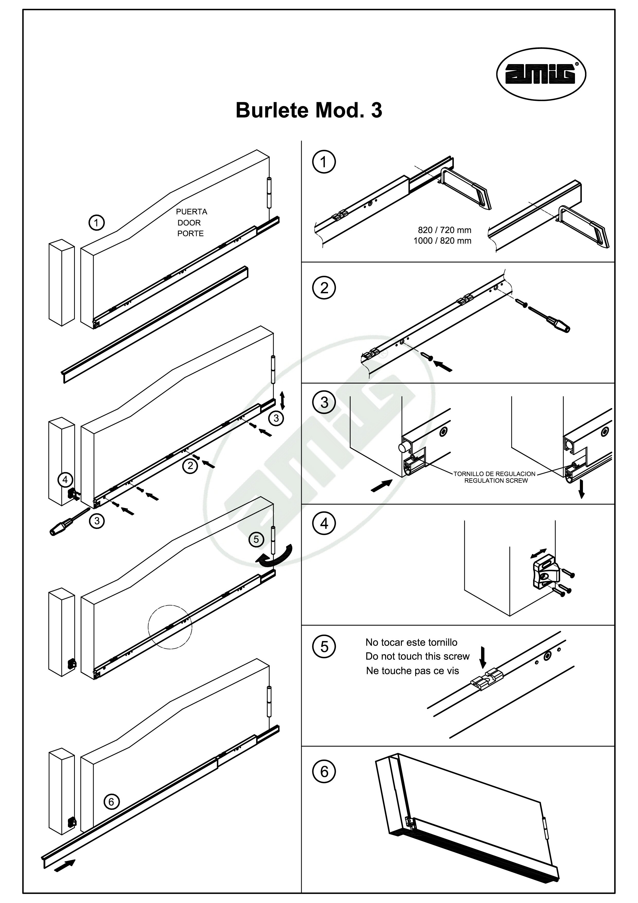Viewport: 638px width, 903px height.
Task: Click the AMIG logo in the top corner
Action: [x=541, y=74]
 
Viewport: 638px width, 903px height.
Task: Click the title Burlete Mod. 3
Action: [x=309, y=110]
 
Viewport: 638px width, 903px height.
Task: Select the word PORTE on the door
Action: [x=190, y=234]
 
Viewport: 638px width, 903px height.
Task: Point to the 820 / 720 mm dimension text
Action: [x=444, y=230]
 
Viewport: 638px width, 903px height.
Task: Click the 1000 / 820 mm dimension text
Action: [x=442, y=241]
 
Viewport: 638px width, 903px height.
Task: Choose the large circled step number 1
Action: [x=324, y=162]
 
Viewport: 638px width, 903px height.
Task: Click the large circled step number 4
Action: [x=324, y=524]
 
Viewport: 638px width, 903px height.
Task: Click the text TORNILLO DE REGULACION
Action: [x=494, y=474]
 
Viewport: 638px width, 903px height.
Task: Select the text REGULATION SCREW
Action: [x=496, y=481]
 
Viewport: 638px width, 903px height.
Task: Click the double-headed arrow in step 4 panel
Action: [x=538, y=553]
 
